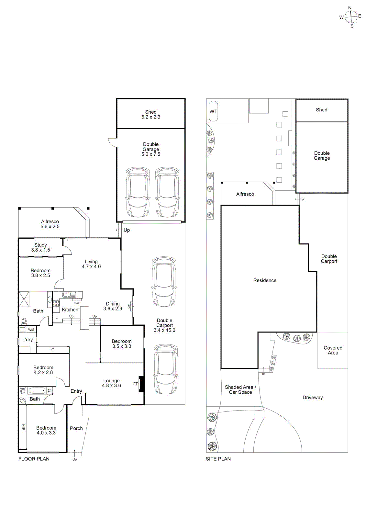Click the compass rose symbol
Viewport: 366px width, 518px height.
tap(351, 17)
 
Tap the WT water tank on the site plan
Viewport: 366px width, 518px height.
tap(213, 111)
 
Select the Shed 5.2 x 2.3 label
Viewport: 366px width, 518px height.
tap(151, 115)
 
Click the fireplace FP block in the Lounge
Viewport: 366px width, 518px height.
tap(141, 384)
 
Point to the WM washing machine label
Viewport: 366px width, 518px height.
tap(31, 330)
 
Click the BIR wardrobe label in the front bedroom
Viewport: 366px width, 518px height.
tap(23, 427)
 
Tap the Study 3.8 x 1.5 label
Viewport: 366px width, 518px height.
tap(40, 247)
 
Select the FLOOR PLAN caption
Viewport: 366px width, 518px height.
tap(34, 459)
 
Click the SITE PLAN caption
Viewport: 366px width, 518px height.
tap(218, 459)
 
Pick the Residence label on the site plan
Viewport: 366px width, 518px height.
tap(265, 280)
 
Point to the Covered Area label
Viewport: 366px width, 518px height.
tap(333, 350)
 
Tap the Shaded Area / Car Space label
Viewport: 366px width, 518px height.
tap(240, 389)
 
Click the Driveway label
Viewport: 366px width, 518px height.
tap(313, 398)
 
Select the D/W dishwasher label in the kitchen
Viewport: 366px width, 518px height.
tap(77, 303)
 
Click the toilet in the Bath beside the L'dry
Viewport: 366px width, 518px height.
tap(24, 321)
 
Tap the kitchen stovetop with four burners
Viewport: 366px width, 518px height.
tap(56, 304)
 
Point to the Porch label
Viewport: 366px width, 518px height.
tap(76, 428)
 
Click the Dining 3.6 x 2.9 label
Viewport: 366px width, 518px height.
tap(113, 306)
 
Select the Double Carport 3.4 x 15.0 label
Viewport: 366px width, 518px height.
tap(164, 325)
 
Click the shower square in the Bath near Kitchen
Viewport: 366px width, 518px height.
tap(24, 299)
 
